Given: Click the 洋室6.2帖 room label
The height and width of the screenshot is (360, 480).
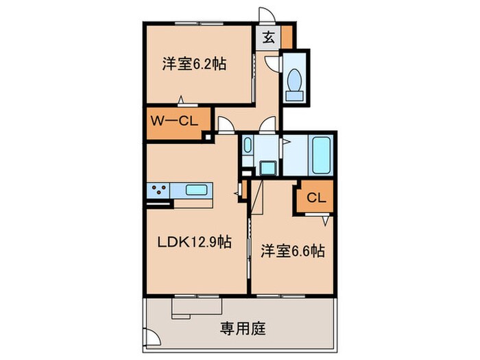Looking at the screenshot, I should point(195,64).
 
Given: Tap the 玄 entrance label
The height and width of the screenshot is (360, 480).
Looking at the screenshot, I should point(269,38).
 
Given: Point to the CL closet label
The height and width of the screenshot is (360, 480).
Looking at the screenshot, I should point(315,199).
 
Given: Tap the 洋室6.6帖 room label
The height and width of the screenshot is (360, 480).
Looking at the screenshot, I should point(292,252).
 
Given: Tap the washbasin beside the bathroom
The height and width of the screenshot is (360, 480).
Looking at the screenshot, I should point(248,146).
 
